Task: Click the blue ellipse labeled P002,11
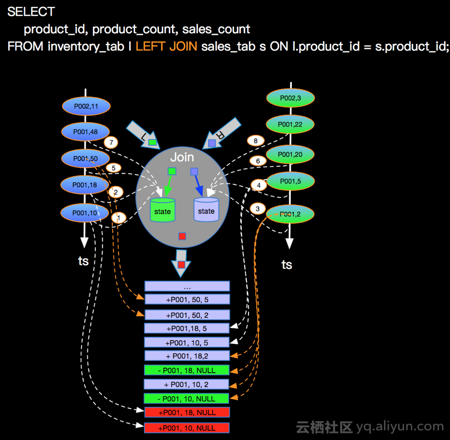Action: pos(86,106)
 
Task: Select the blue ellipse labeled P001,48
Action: pos(86,132)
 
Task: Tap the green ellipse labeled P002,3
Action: pos(290,97)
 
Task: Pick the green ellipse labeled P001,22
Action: pos(290,124)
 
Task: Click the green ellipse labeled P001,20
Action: pos(290,154)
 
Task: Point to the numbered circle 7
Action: pos(111,142)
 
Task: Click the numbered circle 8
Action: pos(256,141)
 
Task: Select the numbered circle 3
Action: pos(258,209)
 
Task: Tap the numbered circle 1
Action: pos(119,217)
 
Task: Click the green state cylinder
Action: pos(163,210)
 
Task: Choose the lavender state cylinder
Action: pos(206,210)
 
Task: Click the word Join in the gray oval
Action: pos(182,157)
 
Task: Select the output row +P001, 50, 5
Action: pos(187,299)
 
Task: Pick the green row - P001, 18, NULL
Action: pos(187,370)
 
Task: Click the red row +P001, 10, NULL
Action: pos(187,428)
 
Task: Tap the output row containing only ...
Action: pos(187,287)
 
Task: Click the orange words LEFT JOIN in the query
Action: pos(166,46)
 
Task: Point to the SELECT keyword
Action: pos(31,11)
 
